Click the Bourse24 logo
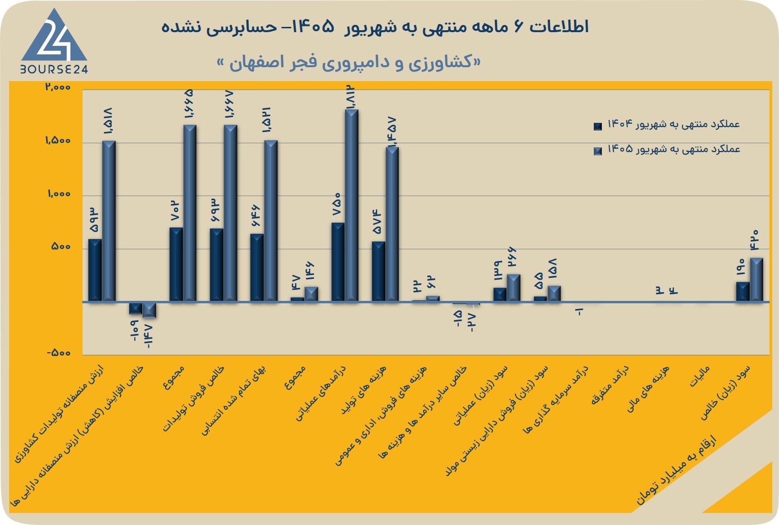click(54, 41)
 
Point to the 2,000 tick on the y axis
click(58, 87)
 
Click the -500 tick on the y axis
click(59, 353)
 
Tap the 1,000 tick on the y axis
click(59, 194)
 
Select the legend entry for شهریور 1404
click(666, 124)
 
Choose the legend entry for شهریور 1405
click(666, 150)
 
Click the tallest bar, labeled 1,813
click(352, 205)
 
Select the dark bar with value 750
click(338, 262)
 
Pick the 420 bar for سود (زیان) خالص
click(756, 280)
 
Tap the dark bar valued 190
click(743, 291)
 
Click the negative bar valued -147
click(149, 310)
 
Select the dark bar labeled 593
click(95, 270)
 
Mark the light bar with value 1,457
click(392, 224)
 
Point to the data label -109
click(134, 330)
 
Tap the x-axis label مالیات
click(699, 377)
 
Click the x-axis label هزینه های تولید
click(363, 389)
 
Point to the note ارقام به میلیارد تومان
click(676, 470)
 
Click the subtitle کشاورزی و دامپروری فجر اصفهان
click(349, 62)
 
